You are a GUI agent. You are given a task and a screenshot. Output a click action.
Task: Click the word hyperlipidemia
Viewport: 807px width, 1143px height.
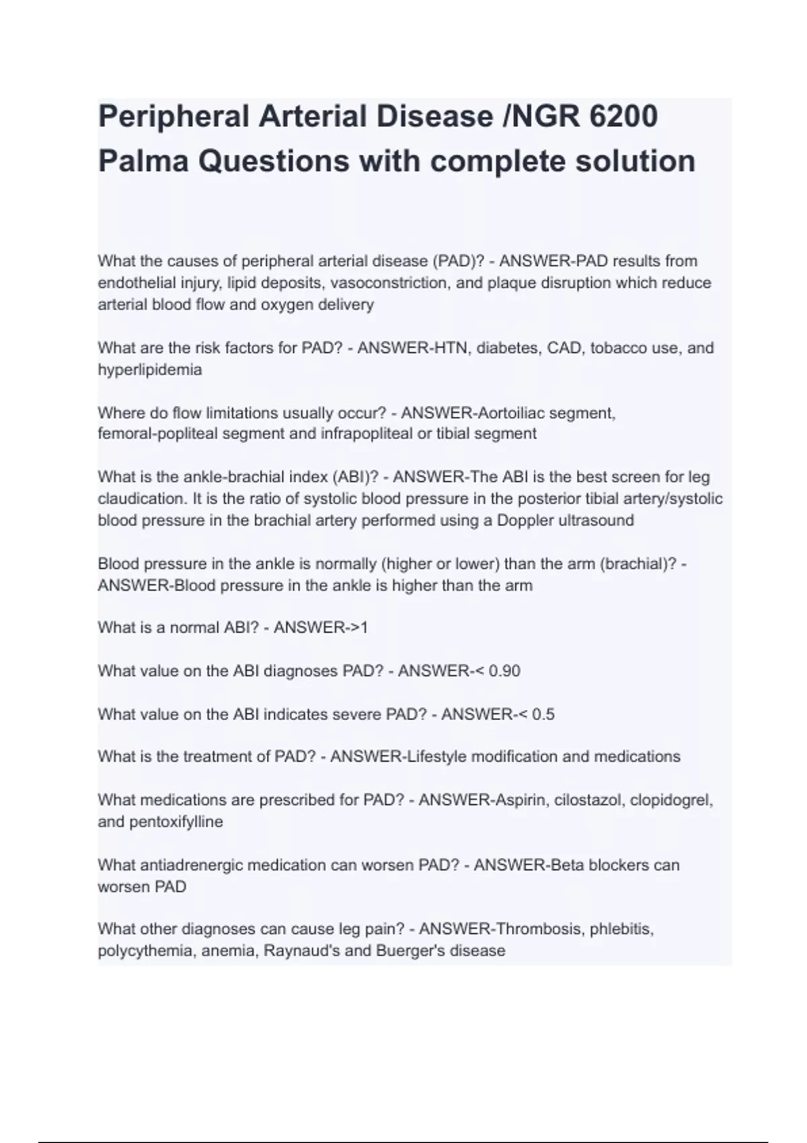pyautogui.click(x=149, y=370)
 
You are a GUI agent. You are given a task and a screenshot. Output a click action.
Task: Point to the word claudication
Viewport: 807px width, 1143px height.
pyautogui.click(x=141, y=499)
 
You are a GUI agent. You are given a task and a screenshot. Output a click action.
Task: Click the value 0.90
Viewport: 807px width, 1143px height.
pyautogui.click(x=504, y=671)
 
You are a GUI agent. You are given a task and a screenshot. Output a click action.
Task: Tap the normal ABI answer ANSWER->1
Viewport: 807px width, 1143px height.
pyautogui.click(x=321, y=628)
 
